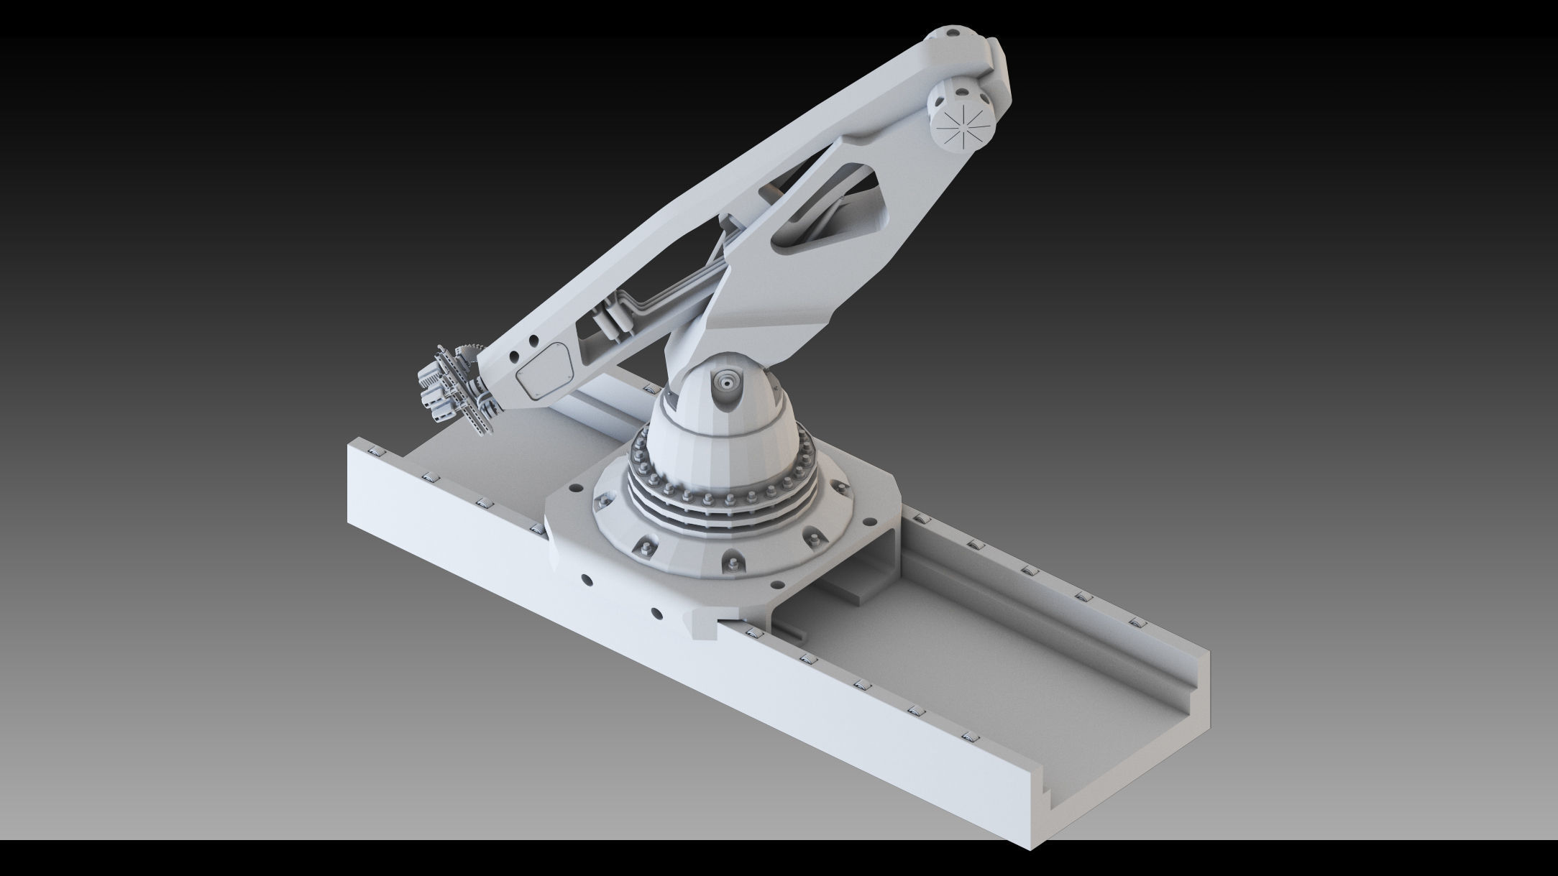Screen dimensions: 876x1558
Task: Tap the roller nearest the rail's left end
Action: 373,451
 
